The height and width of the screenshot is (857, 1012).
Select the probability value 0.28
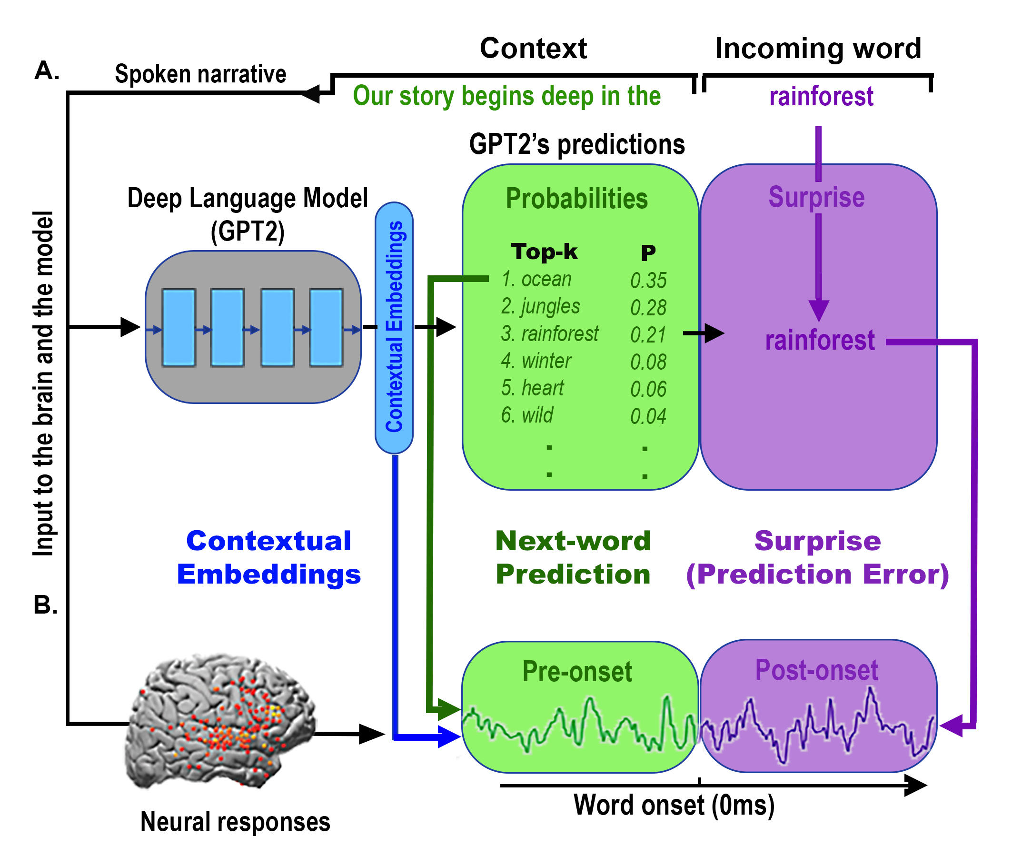point(648,308)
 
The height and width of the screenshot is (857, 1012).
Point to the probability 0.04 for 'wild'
point(648,416)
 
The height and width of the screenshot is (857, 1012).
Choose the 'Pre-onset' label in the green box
point(576,672)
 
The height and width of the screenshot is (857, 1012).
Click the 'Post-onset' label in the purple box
point(816,670)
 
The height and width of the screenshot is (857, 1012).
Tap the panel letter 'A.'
point(47,71)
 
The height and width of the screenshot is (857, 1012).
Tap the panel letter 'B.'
point(46,605)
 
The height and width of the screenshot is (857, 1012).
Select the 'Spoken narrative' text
point(200,74)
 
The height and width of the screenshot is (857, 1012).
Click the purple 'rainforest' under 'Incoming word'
point(821,96)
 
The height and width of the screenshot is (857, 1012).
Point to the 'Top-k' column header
point(544,252)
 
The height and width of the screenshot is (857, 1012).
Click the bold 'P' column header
point(648,253)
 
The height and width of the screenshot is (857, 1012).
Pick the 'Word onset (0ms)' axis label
point(674,805)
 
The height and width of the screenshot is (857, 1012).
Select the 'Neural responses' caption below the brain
point(235,822)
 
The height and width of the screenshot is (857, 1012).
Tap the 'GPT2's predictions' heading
point(576,144)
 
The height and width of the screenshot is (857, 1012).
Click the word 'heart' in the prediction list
point(542,388)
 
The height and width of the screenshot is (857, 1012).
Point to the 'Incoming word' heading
point(818,49)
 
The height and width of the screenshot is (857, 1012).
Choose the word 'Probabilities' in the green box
point(576,199)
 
